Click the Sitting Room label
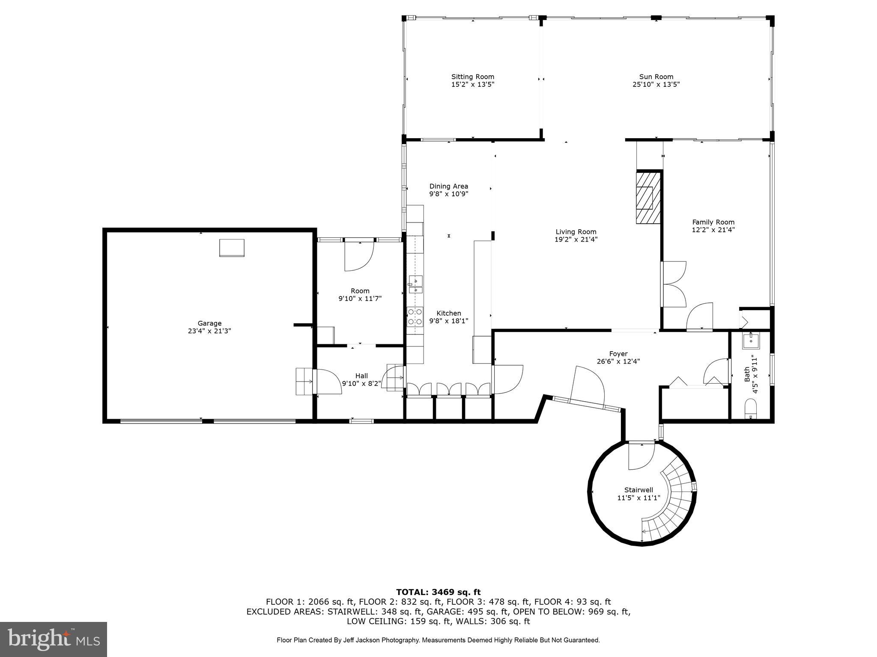tap(472, 77)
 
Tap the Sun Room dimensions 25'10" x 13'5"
tap(656, 85)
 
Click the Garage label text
tap(209, 323)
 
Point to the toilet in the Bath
tap(751, 408)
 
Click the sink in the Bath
tap(751, 341)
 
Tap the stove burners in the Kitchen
tap(415, 317)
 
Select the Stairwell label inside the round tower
tap(638, 490)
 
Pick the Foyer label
tap(618, 354)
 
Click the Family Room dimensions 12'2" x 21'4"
tap(713, 230)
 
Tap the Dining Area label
tap(448, 186)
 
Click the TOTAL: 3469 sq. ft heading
tap(438, 592)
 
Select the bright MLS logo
tap(53, 639)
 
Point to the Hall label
tap(361, 376)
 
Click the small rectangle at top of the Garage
tap(232, 248)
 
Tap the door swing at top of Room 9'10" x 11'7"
tap(359, 256)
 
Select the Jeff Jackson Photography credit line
tap(438, 640)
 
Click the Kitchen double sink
tap(415, 285)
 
